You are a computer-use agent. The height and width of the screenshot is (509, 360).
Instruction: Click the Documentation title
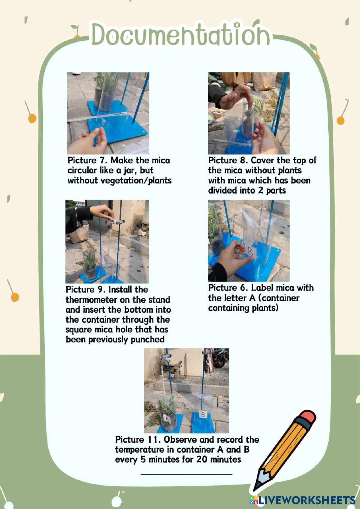pyautogui.click(x=181, y=35)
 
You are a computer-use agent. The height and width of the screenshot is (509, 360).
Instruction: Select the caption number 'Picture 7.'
pyautogui.click(x=87, y=160)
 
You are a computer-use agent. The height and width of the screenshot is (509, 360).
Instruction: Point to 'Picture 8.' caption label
pyautogui.click(x=228, y=160)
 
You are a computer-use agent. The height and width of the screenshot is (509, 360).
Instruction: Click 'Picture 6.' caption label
pyautogui.click(x=228, y=288)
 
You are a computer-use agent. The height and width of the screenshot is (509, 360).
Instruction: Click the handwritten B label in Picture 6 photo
pyautogui.click(x=251, y=251)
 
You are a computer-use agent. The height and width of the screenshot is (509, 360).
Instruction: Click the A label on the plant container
pyautogui.click(x=167, y=419)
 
